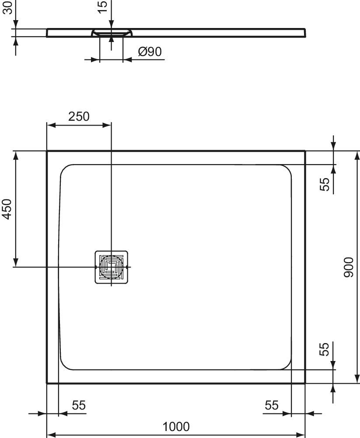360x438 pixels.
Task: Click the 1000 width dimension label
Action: click(176, 427)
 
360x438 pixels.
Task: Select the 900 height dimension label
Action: click(348, 267)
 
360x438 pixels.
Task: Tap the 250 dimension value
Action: click(79, 116)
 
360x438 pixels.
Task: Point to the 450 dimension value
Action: click(7, 209)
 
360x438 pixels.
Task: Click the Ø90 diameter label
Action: click(150, 52)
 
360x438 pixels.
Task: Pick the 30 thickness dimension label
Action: click(7, 7)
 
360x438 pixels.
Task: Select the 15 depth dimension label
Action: click(102, 7)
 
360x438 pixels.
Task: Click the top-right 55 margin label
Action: click(325, 184)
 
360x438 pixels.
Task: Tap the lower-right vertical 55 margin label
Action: click(324, 349)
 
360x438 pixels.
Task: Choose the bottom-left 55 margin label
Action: click(79, 405)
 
